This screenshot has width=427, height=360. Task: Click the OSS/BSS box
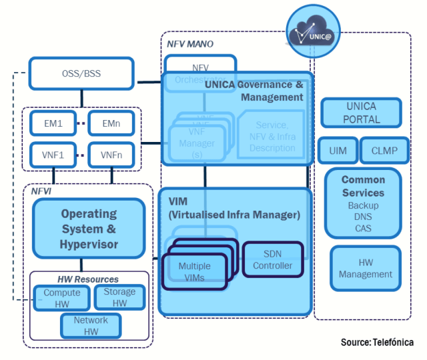tap(81, 73)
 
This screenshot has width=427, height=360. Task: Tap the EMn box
tap(111, 123)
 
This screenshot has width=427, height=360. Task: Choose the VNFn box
tap(111, 155)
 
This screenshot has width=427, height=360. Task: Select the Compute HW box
tap(61, 297)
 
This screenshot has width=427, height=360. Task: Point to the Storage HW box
tap(119, 297)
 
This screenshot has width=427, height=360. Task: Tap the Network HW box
tap(91, 325)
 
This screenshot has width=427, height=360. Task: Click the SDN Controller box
tap(272, 260)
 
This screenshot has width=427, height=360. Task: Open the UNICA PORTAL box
tap(361, 113)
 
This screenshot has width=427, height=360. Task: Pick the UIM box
tap(338, 151)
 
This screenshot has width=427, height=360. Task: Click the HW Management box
tap(365, 269)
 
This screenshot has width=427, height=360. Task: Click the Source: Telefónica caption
tap(376, 342)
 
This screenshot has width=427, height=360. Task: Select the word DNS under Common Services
tap(363, 217)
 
